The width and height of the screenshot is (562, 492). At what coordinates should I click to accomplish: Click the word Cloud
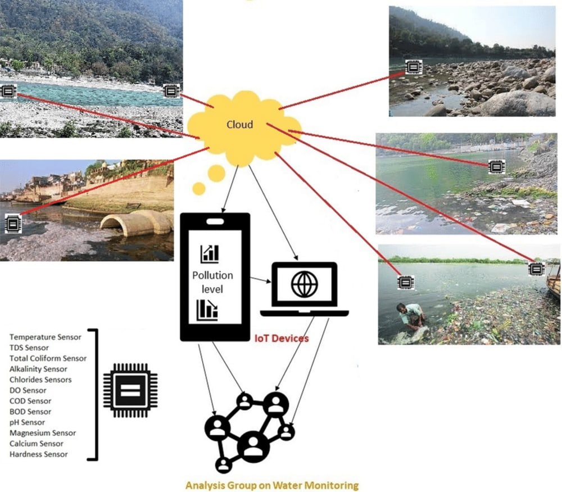pyautogui.click(x=239, y=125)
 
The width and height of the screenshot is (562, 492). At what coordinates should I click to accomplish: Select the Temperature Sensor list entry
pyautogui.click(x=46, y=337)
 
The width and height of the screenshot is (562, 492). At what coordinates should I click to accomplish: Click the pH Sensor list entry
pyautogui.click(x=28, y=422)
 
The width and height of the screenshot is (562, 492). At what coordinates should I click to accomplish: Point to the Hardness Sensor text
pyautogui.click(x=39, y=454)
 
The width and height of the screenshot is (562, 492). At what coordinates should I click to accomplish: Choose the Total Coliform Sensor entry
pyautogui.click(x=48, y=358)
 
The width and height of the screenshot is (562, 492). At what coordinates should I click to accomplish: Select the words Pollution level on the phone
pyautogui.click(x=212, y=283)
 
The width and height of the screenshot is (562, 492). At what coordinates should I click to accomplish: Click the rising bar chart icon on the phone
pyautogui.click(x=209, y=254)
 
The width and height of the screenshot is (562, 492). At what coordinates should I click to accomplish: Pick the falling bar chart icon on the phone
pyautogui.click(x=207, y=311)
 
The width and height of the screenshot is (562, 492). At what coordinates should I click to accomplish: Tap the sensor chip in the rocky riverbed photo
pyautogui.click(x=413, y=67)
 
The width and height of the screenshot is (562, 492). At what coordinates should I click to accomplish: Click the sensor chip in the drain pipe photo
pyautogui.click(x=12, y=224)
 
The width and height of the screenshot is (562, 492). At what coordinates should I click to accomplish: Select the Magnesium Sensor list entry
pyautogui.click(x=43, y=433)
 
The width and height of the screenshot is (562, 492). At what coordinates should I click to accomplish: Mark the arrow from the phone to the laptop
pyautogui.click(x=260, y=279)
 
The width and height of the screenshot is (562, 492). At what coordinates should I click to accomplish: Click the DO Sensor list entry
pyautogui.click(x=28, y=390)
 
